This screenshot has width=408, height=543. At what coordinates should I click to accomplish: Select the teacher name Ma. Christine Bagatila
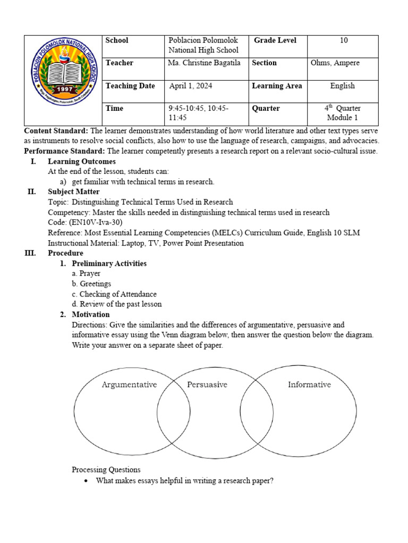point(203,63)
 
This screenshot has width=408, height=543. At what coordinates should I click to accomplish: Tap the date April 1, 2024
point(190,86)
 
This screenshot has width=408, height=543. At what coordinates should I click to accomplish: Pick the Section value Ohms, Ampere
point(335,63)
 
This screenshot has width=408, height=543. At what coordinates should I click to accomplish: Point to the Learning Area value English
point(343,86)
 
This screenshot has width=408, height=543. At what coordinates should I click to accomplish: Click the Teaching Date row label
point(130,86)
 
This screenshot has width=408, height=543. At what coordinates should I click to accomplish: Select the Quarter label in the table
point(266,108)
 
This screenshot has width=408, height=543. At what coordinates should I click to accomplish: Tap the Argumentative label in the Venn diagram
point(129,385)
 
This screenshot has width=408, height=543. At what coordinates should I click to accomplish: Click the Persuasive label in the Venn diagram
point(207,385)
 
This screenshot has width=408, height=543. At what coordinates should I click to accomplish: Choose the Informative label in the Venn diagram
point(309,385)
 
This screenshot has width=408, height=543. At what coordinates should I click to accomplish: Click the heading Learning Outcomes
point(82,162)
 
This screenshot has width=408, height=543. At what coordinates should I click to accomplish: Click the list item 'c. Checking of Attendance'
point(114,294)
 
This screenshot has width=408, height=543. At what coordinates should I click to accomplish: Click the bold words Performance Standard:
point(65,152)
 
